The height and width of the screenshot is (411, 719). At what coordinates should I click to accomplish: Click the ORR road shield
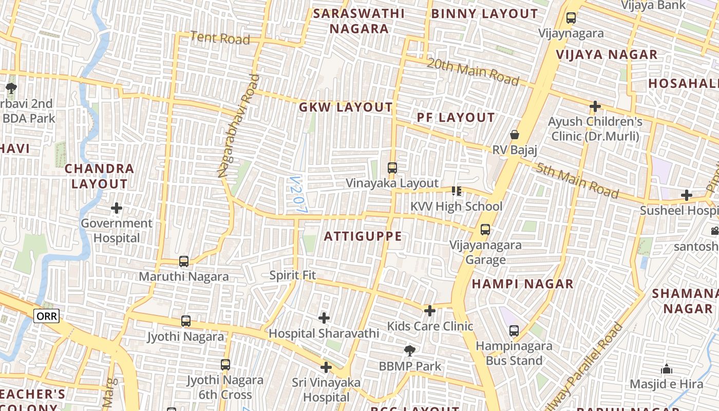tap(47, 316)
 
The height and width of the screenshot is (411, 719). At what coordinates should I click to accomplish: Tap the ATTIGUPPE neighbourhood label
tap(363, 236)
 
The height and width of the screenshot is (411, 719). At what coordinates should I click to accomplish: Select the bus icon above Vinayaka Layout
tap(392, 167)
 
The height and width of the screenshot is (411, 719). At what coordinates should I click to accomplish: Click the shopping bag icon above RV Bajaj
tap(515, 135)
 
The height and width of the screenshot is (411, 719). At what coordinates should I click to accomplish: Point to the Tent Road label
tap(220, 38)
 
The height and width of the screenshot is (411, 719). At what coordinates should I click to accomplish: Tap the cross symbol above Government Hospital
tap(117, 208)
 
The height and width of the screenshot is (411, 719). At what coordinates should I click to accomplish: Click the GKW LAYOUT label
tap(346, 107)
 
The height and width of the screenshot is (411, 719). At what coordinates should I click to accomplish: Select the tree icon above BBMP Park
tap(409, 351)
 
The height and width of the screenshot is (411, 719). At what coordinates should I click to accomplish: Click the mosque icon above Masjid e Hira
tap(667, 369)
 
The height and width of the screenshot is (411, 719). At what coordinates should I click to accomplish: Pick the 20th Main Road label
tap(473, 71)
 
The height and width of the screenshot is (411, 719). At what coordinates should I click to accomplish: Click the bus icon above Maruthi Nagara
tap(184, 261)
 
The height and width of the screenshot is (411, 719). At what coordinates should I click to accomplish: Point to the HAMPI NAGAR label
tap(522, 284)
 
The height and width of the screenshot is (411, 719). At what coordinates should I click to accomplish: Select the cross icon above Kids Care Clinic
tap(430, 310)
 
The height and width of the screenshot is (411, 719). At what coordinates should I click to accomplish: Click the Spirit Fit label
tap(293, 275)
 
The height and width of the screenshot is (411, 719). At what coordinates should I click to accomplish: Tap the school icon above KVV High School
tap(456, 191)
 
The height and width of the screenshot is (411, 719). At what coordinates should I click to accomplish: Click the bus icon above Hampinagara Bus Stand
tap(514, 330)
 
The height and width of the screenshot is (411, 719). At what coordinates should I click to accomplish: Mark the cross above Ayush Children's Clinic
tap(595, 106)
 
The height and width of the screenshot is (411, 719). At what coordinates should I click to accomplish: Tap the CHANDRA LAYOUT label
tap(100, 176)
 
